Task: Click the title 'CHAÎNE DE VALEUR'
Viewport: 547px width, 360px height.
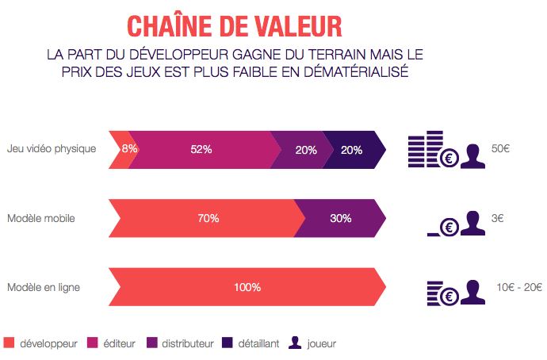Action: click(x=235, y=25)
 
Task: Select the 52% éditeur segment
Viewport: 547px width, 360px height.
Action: click(x=201, y=149)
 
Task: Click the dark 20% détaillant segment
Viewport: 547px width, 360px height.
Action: click(x=352, y=149)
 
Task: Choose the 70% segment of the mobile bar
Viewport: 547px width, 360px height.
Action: click(x=208, y=218)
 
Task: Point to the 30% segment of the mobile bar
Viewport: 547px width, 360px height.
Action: click(x=340, y=218)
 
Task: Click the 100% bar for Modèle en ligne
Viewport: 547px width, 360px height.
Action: click(x=246, y=287)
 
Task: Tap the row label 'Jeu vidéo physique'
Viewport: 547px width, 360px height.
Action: click(x=52, y=148)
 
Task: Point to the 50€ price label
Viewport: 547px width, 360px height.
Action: click(x=500, y=148)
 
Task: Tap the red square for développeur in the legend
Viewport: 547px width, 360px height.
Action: click(x=10, y=343)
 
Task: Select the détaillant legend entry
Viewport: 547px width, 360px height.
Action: click(x=251, y=343)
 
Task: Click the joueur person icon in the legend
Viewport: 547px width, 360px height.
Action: click(x=295, y=343)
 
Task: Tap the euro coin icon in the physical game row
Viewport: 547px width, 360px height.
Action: click(x=449, y=157)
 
